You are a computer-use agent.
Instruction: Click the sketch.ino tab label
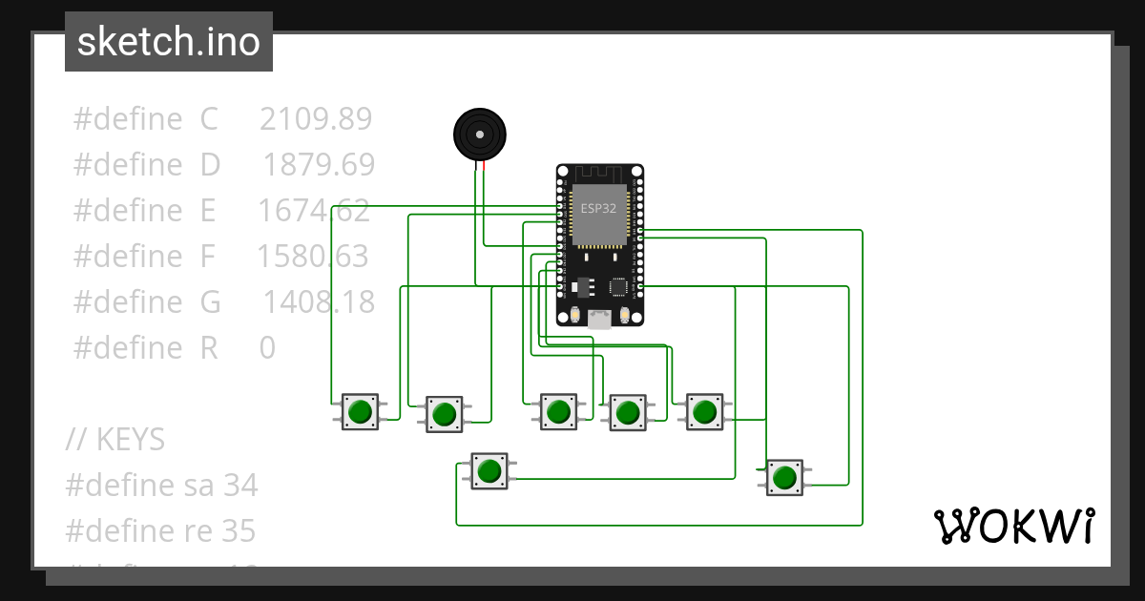pos(168,42)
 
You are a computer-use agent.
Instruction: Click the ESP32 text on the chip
pos(598,209)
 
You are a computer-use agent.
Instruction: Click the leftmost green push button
pos(360,412)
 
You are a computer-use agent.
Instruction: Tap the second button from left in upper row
pos(444,414)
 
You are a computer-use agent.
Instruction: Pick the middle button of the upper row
pos(557,412)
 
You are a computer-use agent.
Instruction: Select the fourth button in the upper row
pos(627,412)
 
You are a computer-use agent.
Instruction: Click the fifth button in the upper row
pos(704,411)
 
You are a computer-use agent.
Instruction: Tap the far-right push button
pos(784,477)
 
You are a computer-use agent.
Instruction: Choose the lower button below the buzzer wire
pos(489,471)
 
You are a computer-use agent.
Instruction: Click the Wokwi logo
pos(1013,526)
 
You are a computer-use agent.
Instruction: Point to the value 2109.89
pos(315,119)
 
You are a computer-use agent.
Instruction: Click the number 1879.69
pos(319,165)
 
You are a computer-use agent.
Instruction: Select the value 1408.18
pos(319,302)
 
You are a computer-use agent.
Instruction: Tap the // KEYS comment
pos(115,440)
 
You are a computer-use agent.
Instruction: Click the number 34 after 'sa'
pos(240,486)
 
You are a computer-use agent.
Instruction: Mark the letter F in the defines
pos(208,257)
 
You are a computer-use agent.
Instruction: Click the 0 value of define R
pos(267,348)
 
